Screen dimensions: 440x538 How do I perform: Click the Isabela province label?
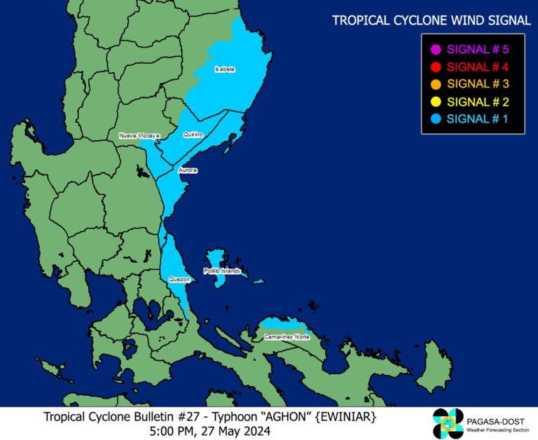[225, 69]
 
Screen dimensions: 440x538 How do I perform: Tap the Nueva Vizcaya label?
[139, 135]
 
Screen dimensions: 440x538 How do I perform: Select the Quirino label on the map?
[193, 134]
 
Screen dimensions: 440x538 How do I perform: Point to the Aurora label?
[188, 170]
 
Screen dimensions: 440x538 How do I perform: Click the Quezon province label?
[179, 279]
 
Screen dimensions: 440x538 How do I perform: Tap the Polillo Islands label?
[222, 270]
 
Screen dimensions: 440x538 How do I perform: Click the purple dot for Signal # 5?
[435, 50]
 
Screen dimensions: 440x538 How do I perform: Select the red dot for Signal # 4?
[435, 67]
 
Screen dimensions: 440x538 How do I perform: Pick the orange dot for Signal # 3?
[435, 84]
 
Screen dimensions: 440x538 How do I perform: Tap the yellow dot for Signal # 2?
[435, 102]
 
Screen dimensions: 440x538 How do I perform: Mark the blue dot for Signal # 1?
[435, 118]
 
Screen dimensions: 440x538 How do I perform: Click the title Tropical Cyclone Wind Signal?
[431, 20]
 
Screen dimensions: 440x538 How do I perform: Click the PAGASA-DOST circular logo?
[448, 423]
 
